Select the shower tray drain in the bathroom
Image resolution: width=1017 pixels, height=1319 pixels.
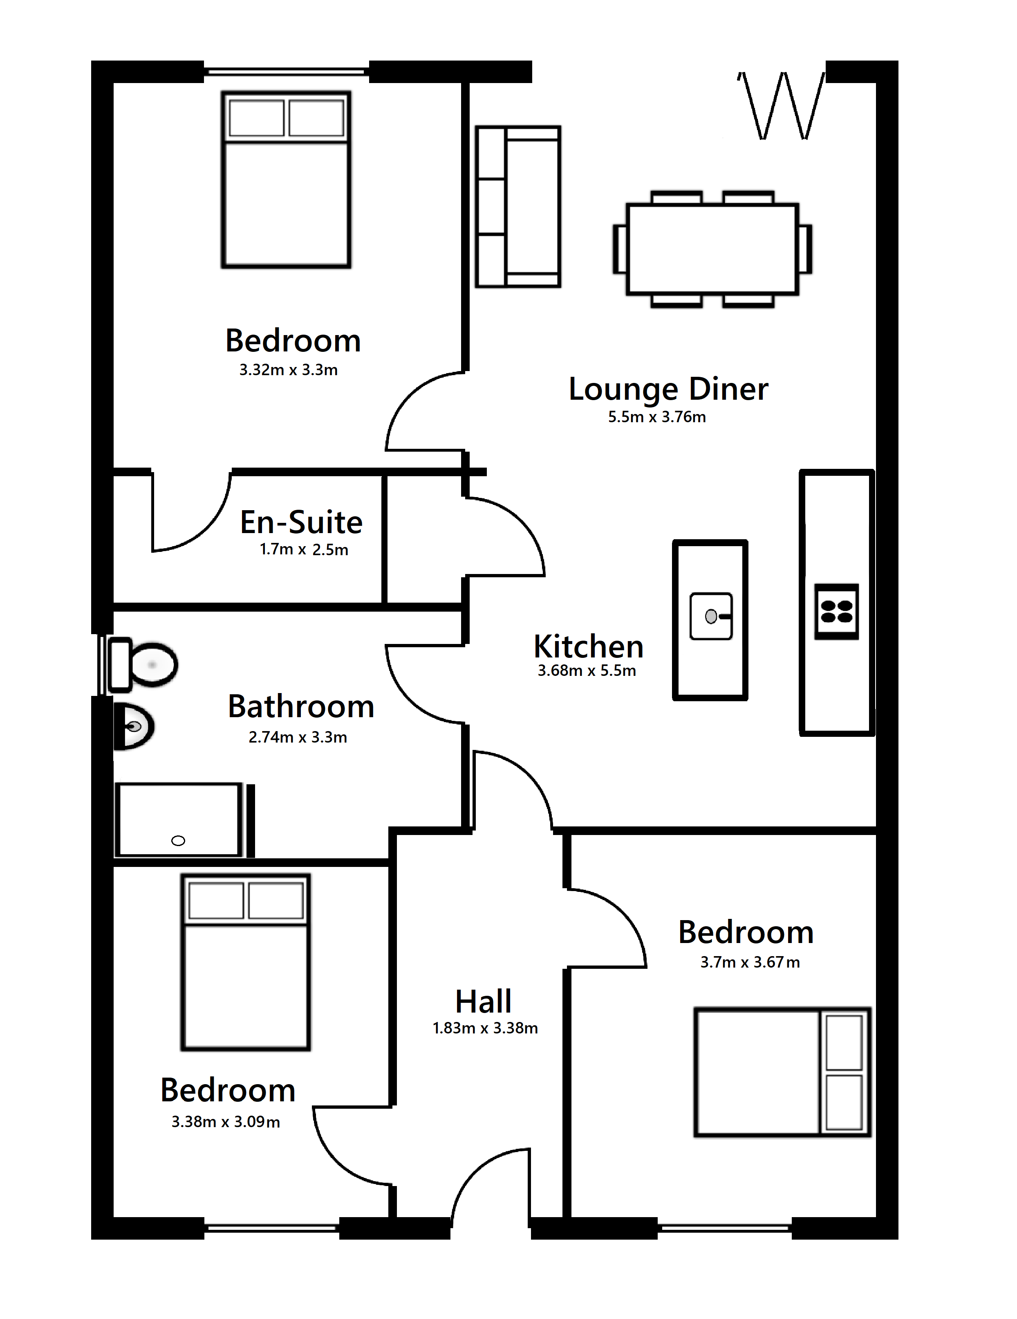[178, 841]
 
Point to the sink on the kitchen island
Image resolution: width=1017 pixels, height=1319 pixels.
[711, 616]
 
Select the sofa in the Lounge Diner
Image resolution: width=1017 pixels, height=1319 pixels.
[518, 207]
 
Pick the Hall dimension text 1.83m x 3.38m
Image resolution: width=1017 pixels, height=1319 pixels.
[485, 1027]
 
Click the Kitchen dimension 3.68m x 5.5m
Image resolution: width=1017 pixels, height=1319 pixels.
[587, 671]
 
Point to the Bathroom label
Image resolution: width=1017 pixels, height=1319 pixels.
[301, 706]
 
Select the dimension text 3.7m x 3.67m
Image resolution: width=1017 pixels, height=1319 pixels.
[750, 962]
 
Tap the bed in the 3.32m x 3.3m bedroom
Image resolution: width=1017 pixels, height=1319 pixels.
[286, 179]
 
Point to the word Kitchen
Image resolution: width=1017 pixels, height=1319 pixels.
[589, 646]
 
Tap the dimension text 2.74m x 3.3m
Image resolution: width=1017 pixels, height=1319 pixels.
[298, 737]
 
